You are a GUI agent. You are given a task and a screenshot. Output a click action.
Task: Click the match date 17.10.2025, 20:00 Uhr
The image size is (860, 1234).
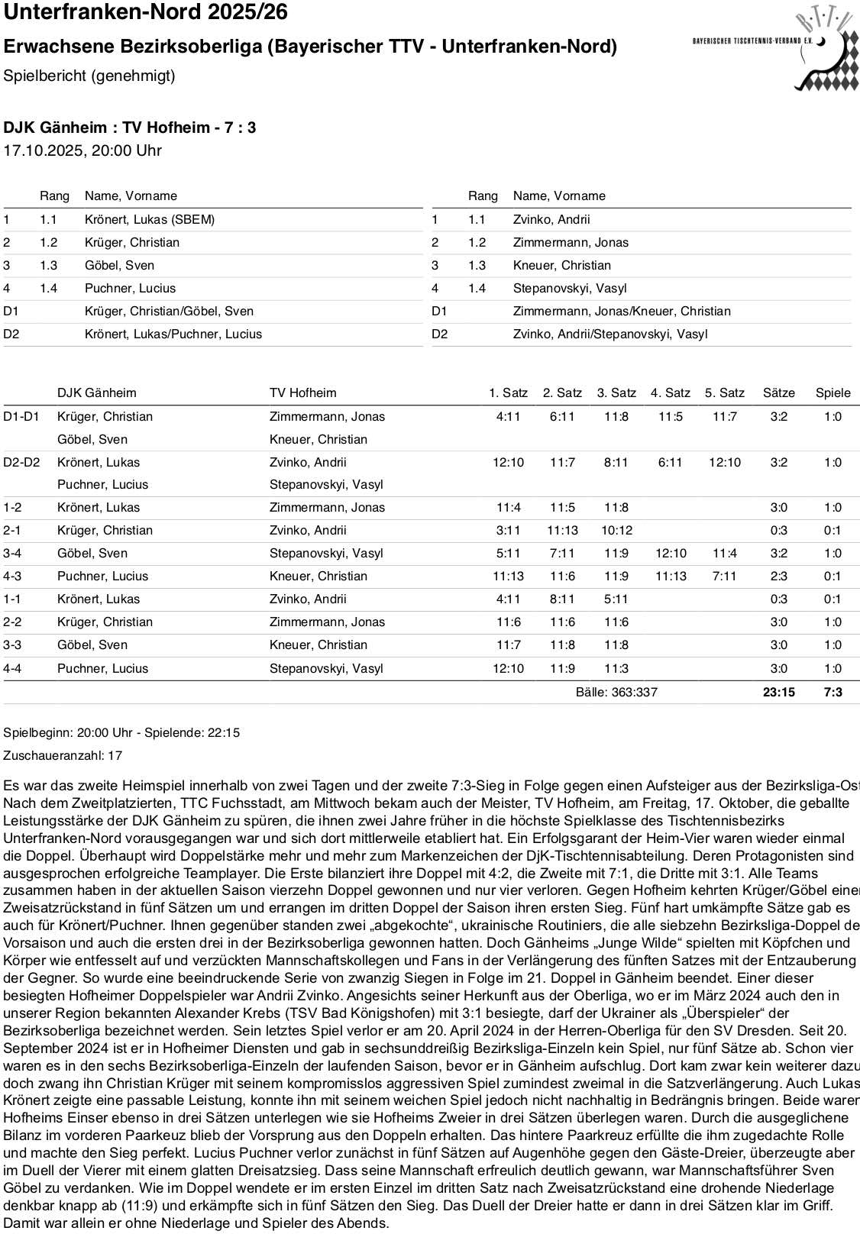[x=82, y=150]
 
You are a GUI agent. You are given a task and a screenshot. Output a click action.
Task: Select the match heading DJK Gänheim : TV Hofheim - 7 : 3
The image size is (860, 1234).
[x=130, y=127]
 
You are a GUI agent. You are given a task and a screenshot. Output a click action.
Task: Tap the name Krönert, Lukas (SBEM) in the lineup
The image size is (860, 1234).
[x=150, y=219]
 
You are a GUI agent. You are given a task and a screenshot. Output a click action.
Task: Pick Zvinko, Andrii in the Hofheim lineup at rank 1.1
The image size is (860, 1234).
[x=551, y=219]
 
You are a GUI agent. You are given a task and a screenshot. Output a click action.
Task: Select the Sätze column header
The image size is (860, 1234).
[x=778, y=392]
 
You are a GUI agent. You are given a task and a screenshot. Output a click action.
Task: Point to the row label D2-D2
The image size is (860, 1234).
[x=21, y=462]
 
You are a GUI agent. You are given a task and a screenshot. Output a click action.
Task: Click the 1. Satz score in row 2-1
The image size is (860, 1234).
[x=508, y=530]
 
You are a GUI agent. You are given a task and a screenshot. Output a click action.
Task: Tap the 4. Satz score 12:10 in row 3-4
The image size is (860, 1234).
[x=671, y=553]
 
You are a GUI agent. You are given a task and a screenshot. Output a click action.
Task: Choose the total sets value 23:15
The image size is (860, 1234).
[x=778, y=692]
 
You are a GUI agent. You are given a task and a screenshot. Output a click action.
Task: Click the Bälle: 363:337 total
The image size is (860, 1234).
[x=616, y=692]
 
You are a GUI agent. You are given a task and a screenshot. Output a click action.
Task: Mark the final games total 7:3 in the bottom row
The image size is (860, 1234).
[x=833, y=692]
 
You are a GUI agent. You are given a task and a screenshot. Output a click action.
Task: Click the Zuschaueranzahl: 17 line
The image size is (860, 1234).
[x=63, y=755]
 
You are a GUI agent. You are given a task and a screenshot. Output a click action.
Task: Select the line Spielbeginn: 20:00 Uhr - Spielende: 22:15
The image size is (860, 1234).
[x=121, y=732]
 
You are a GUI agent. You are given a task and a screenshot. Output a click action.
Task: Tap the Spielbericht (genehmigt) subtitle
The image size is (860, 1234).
[x=89, y=76]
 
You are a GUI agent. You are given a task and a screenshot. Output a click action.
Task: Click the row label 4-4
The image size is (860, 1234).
[x=12, y=668]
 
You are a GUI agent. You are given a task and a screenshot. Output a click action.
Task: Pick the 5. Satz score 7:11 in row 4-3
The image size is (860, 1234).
[x=724, y=576]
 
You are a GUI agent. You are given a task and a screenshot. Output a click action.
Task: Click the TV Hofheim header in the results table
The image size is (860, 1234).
[x=302, y=392]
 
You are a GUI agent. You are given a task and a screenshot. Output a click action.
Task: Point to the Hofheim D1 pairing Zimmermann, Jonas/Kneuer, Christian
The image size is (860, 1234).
[x=622, y=311]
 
